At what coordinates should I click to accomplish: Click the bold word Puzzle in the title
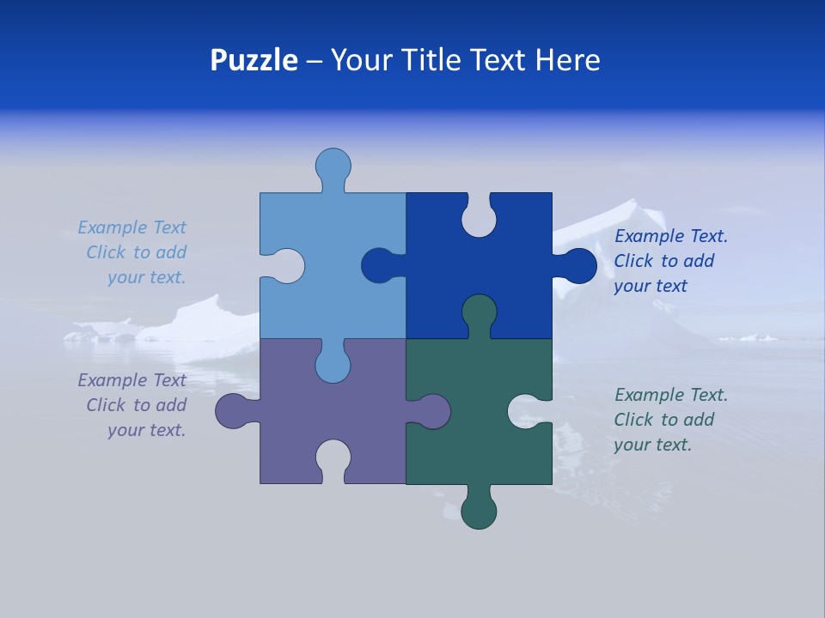coord(254,60)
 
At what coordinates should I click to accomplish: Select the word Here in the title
coord(567,60)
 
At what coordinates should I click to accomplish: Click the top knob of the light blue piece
coord(333,165)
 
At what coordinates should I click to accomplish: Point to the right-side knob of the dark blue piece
coord(579,265)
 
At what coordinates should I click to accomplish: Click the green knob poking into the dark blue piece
coord(479,311)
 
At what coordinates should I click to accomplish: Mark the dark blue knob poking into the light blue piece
coord(378,265)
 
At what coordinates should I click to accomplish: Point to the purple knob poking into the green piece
coord(433,410)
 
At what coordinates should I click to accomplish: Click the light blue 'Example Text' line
coord(131,227)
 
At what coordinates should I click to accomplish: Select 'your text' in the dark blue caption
coord(651,286)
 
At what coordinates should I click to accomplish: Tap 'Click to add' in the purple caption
coord(136,405)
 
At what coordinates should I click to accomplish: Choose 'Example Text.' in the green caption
coord(670,395)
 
